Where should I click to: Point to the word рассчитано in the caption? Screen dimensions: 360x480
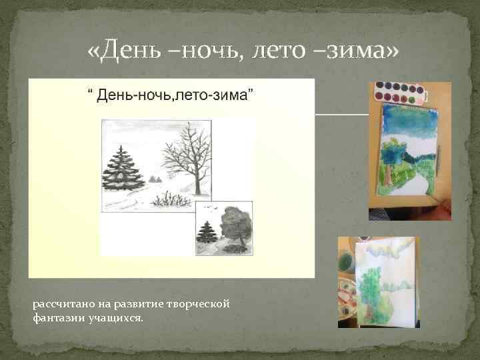[x=61, y=304]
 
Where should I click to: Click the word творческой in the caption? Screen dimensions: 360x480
[x=201, y=304]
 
